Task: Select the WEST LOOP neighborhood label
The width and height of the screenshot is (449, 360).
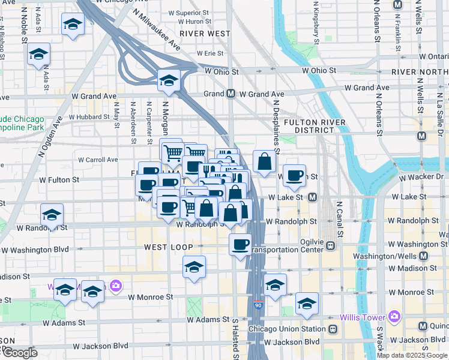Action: click(169, 247)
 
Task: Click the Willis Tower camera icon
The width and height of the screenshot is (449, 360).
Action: click(394, 316)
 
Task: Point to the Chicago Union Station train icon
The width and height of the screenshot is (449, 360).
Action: click(332, 329)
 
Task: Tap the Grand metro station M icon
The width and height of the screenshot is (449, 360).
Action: click(231, 94)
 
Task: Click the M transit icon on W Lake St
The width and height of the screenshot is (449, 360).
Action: click(312, 197)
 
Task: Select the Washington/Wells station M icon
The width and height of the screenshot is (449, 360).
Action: click(424, 256)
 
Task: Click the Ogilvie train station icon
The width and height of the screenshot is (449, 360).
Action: click(330, 245)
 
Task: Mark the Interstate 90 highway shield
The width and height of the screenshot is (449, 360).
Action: click(258, 305)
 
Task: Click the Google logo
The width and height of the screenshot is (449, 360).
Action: click(19, 353)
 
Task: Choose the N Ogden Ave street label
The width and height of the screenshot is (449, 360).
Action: click(51, 138)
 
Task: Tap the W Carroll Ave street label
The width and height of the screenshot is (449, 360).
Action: click(98, 160)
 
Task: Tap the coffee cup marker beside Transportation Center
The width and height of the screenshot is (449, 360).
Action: click(240, 245)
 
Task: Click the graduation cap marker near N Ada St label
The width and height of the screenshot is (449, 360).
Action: click(38, 54)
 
